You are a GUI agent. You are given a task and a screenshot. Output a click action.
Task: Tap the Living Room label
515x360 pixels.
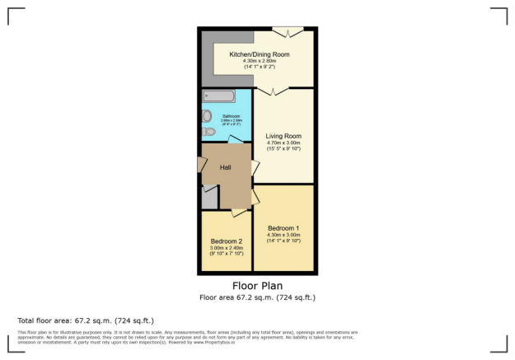[283, 136]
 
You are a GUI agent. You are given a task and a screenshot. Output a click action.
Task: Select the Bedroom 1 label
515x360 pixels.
[283, 227]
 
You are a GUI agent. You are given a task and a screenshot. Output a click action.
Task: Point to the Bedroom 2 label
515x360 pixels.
[226, 241]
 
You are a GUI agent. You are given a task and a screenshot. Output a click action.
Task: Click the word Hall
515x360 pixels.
[225, 167]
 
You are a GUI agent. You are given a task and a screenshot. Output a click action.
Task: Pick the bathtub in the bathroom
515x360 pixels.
[219, 96]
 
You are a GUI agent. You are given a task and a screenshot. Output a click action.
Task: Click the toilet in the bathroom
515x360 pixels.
[208, 131]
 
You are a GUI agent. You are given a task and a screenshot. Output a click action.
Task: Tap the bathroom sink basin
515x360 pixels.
[207, 115]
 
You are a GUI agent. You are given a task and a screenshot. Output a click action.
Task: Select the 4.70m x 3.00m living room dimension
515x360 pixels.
[283, 143]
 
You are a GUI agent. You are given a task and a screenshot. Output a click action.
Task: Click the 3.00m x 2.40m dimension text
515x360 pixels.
[226, 248]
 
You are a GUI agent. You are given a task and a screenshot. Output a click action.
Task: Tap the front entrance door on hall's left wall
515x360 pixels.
[202, 164]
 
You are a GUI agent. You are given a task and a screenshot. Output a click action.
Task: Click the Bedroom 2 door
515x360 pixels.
[240, 213]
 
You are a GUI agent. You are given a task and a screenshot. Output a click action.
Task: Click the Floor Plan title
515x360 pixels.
[257, 287]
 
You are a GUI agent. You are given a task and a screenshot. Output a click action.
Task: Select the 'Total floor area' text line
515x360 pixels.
[86, 320]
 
